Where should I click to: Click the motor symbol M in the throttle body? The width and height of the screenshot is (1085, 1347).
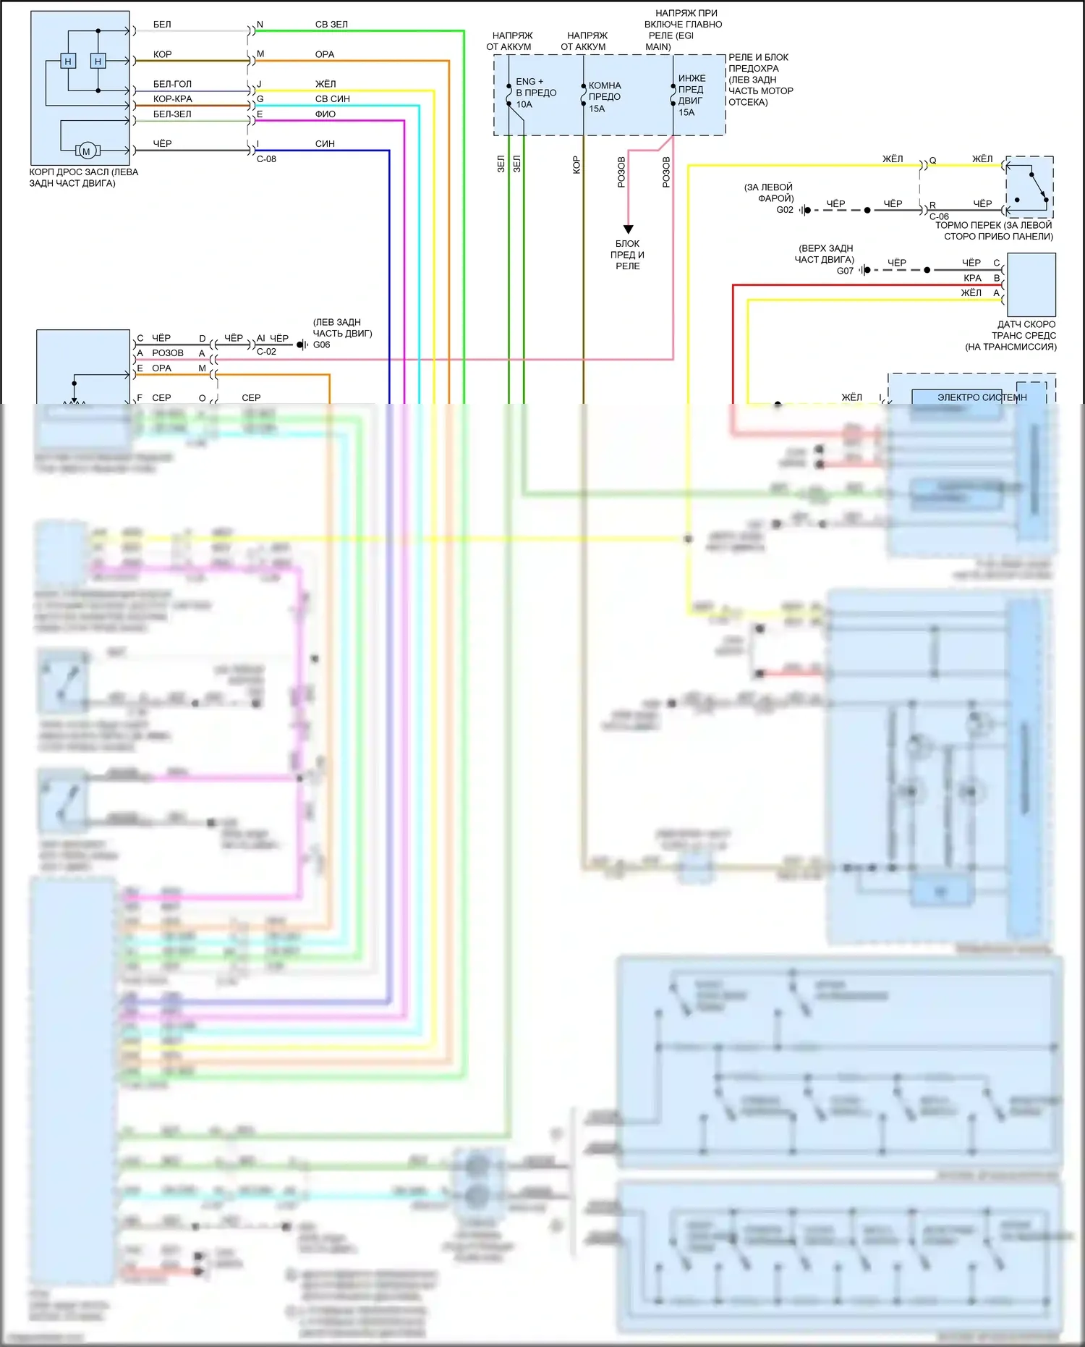click(x=87, y=151)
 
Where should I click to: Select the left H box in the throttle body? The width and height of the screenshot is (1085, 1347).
click(x=68, y=62)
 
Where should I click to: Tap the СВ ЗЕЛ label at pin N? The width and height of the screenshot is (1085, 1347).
click(x=331, y=25)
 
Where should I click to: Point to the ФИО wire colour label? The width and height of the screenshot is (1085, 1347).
click(x=325, y=114)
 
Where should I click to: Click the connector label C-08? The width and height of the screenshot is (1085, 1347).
click(x=266, y=159)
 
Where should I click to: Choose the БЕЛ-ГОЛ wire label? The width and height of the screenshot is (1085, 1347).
click(x=172, y=85)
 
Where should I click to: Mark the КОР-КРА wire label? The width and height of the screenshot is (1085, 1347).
click(x=172, y=99)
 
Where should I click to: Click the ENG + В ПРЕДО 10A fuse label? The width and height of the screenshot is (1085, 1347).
click(x=535, y=93)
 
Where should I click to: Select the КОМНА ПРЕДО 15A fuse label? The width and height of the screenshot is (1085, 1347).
click(x=605, y=97)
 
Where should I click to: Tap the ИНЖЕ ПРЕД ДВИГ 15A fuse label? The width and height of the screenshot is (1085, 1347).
click(x=691, y=95)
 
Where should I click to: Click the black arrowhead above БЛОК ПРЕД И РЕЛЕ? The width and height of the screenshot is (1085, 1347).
click(x=628, y=229)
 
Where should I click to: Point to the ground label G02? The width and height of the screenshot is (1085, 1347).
click(x=785, y=210)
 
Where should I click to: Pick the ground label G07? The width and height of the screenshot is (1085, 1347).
click(x=845, y=271)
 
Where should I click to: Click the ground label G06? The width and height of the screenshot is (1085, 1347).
click(x=321, y=345)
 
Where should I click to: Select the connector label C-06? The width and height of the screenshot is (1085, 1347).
click(x=939, y=217)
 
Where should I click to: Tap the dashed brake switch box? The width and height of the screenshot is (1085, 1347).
click(x=1029, y=187)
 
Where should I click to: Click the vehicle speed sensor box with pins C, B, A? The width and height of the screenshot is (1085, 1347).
click(x=1031, y=284)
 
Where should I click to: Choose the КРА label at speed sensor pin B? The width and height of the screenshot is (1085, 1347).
click(x=972, y=278)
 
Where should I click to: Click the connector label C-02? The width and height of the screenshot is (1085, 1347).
click(x=266, y=352)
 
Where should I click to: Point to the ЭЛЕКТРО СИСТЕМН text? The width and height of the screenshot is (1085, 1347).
click(x=982, y=397)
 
